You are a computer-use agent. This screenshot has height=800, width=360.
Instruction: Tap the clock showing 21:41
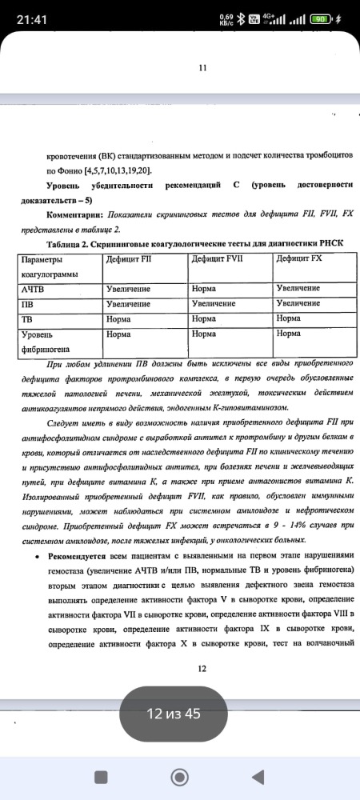30,18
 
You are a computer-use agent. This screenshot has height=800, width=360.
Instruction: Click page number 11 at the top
202,69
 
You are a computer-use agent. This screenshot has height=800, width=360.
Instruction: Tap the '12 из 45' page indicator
179,713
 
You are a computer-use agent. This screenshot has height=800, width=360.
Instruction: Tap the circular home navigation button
180,776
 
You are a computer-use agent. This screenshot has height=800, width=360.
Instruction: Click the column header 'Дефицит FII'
130,259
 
